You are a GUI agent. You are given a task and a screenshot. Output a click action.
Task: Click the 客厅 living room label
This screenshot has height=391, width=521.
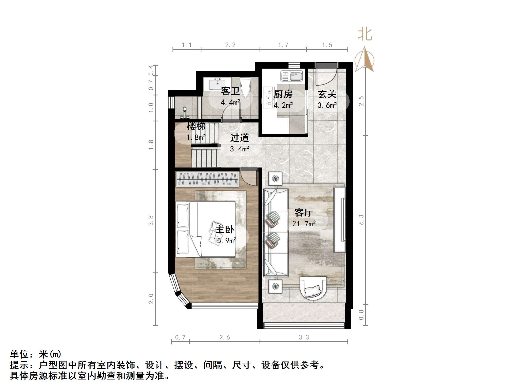tap(303, 213)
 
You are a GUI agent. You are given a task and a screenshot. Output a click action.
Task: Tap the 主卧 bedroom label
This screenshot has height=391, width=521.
tap(225, 229)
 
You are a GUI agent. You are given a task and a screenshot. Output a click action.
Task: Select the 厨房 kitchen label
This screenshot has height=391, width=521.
tap(283, 94)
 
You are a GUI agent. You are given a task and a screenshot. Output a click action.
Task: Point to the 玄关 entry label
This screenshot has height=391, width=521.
tap(327, 94)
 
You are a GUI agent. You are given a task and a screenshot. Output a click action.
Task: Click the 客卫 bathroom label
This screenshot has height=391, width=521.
tap(230, 91)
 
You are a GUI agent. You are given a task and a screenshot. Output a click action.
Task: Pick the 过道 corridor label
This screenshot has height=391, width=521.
tap(239, 138)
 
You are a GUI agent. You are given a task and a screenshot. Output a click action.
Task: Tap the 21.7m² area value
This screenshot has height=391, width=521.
tap(304, 224)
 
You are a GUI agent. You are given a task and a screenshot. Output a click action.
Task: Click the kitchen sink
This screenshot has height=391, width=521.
tap(291, 76)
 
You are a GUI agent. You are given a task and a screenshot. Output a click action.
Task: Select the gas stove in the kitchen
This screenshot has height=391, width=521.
tap(268, 97)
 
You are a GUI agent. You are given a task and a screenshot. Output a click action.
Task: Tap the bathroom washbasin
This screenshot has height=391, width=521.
tap(217, 84)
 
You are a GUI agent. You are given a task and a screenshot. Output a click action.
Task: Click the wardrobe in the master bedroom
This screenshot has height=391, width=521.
tap(207, 179)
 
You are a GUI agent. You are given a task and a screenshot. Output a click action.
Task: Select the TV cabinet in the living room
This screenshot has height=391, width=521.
tap(339, 220)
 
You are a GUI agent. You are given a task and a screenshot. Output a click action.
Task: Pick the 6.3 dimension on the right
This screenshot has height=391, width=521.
tap(361, 219)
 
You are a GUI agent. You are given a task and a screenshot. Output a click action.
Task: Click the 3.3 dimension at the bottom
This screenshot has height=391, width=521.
tap(304, 337)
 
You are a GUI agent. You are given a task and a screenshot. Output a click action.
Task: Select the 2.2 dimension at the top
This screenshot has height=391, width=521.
tap(230, 45)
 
